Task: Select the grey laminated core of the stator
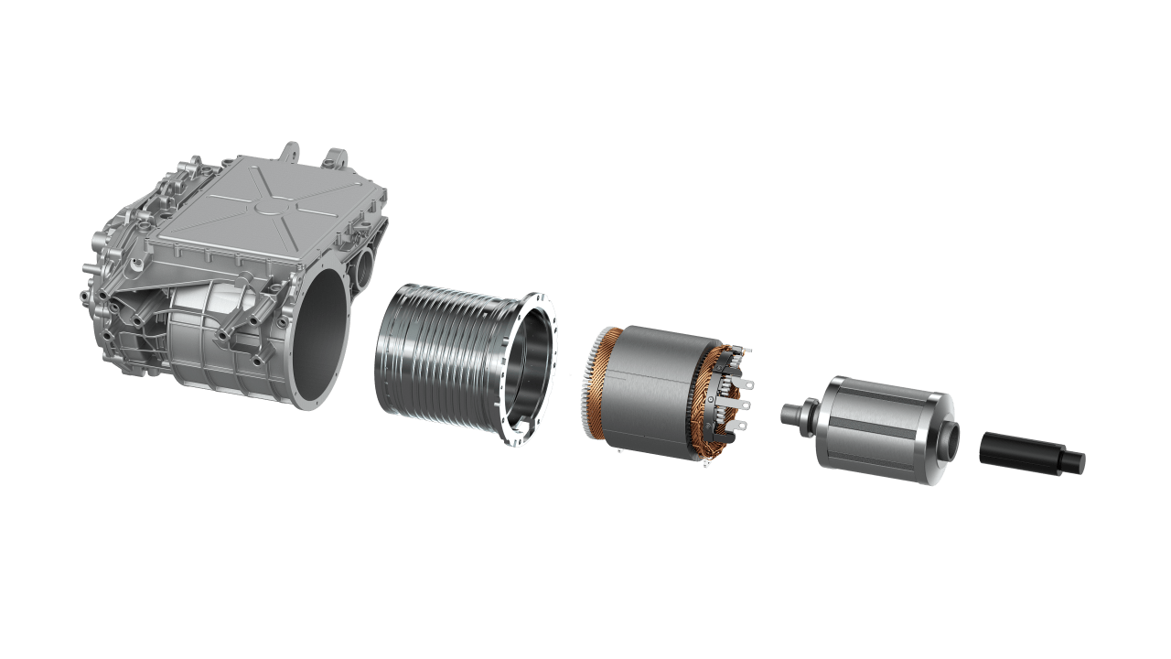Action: click(650, 394)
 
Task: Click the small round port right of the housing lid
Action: click(365, 266)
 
